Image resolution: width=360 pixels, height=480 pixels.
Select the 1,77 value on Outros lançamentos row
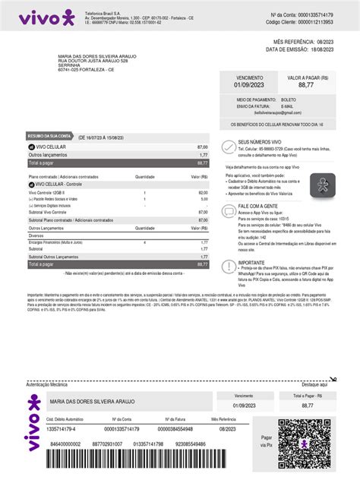204,154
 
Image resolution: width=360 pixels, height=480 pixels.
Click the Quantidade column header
144,176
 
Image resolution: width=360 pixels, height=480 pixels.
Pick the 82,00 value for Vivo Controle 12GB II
203,193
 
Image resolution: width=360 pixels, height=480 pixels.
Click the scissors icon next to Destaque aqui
332,384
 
